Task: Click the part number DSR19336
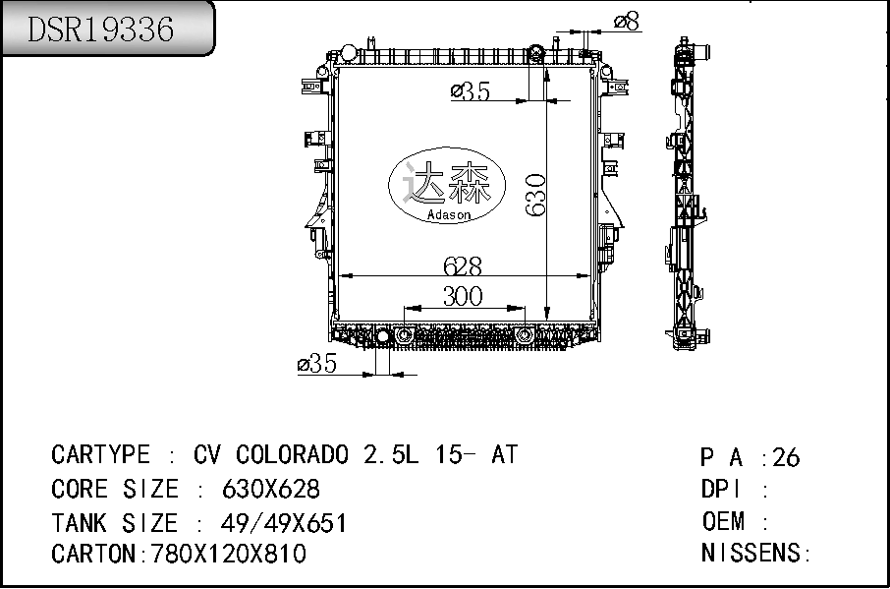[100, 29]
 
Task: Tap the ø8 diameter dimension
[627, 22]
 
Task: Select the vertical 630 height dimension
[535, 195]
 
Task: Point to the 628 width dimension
[463, 265]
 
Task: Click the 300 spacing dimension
[463, 296]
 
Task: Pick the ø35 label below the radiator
[317, 364]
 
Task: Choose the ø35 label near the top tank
[471, 90]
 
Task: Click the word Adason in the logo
[448, 214]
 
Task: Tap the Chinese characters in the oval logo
[447, 182]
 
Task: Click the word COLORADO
[293, 454]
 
